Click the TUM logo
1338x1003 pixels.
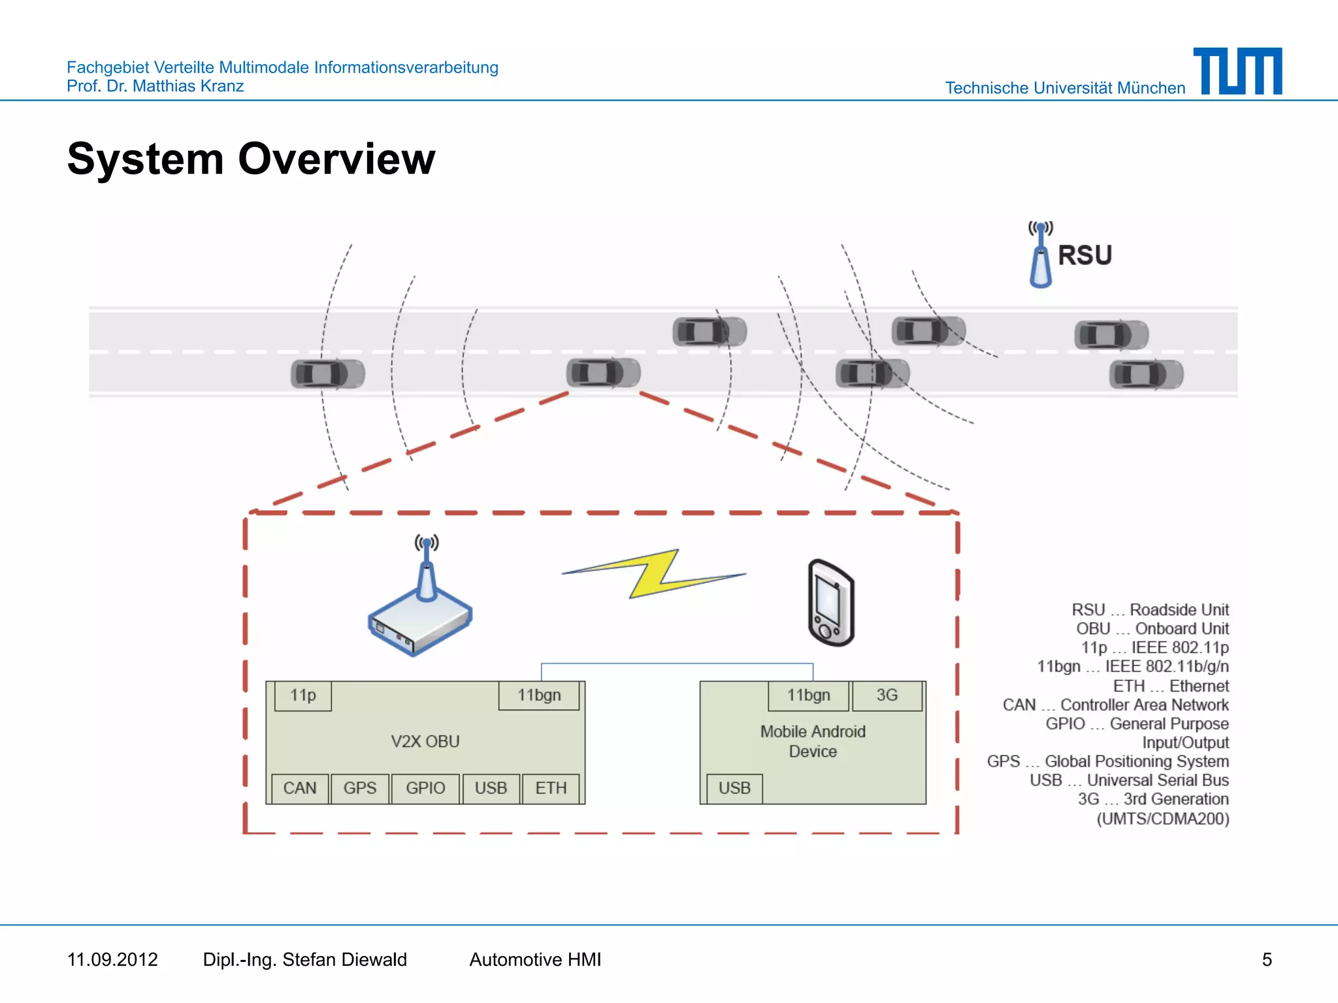(1238, 71)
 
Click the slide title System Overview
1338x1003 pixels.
(251, 159)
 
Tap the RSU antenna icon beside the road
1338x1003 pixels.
(1041, 256)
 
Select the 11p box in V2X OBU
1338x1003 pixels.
(303, 695)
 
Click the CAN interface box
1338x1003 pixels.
(300, 788)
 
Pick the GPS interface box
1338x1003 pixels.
(360, 788)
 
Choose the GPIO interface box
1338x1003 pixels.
(425, 788)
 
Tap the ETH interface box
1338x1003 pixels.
(551, 788)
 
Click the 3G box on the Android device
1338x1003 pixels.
(887, 695)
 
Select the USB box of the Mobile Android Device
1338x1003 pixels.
(734, 788)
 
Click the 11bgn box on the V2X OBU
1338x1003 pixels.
(539, 695)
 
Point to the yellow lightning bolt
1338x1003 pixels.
(653, 573)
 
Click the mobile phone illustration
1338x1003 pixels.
(831, 603)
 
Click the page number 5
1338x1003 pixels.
(1267, 959)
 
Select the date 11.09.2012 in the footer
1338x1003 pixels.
(112, 959)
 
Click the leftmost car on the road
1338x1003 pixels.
(327, 374)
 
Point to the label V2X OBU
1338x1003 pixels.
(425, 742)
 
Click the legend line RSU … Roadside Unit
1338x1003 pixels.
(1150, 610)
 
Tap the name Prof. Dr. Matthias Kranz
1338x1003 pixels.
(155, 86)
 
